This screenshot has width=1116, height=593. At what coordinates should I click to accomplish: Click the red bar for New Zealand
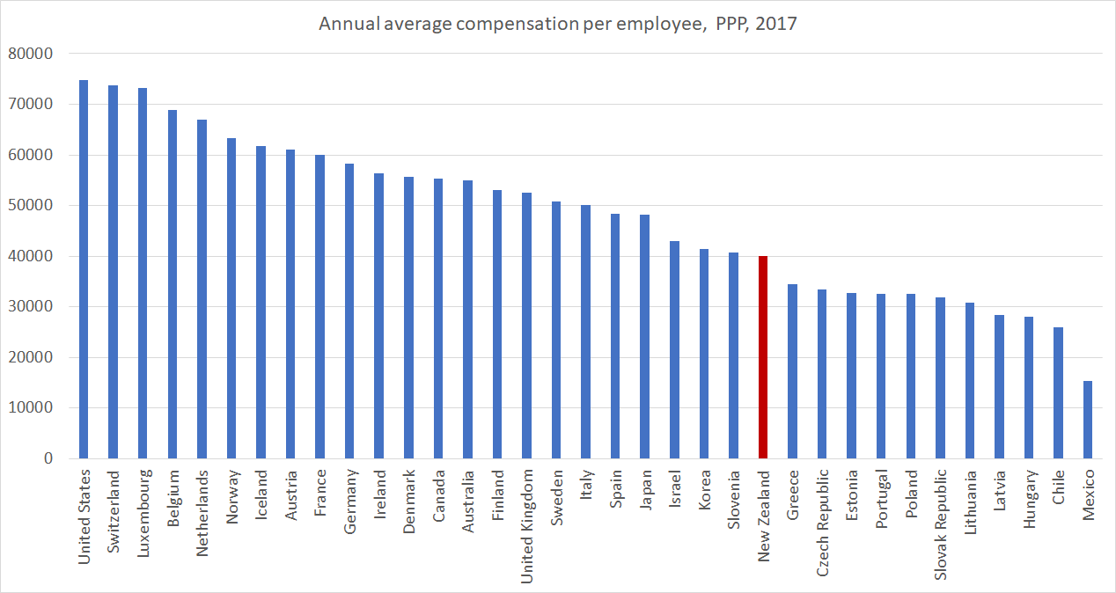pos(763,357)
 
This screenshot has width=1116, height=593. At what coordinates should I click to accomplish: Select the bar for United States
pos(84,269)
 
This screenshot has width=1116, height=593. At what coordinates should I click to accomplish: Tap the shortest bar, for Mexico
pos(1088,420)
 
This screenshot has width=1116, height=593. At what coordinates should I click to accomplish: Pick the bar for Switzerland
pos(113,272)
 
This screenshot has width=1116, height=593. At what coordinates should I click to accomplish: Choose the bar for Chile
pos(1058,392)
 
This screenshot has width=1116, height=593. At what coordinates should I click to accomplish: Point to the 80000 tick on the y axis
pos(31,54)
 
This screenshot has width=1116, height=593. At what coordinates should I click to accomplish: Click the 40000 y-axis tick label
pos(31,256)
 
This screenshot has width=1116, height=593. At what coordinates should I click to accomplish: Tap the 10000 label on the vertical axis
pos(31,408)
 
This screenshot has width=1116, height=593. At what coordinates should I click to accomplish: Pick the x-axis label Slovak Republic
pos(941,523)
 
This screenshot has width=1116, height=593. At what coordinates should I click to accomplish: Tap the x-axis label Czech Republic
pos(822,521)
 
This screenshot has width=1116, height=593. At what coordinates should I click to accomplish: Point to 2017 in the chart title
pos(776,24)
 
